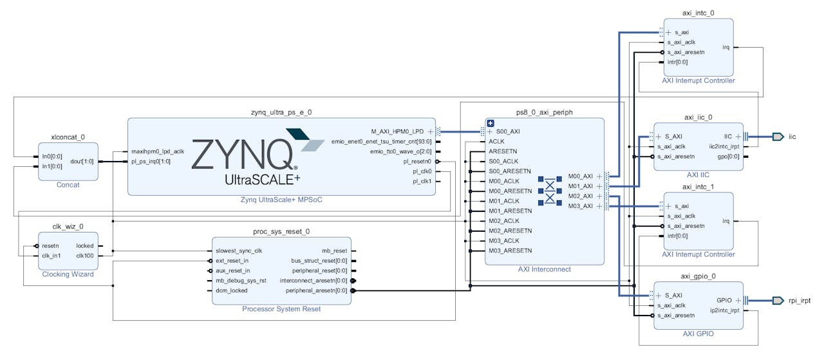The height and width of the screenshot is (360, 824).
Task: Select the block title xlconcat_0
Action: tap(68, 137)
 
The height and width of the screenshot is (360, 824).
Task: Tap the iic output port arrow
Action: tap(778, 137)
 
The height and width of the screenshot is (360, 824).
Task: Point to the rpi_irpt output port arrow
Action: tap(778, 301)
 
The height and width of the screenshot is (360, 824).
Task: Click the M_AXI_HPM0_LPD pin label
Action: tap(398, 131)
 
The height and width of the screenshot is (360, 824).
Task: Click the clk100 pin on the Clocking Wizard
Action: tap(85, 256)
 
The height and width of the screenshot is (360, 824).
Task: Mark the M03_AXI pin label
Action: tap(581, 206)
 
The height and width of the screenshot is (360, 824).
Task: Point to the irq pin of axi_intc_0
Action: tap(726, 47)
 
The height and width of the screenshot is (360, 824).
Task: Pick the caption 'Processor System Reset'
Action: tap(281, 309)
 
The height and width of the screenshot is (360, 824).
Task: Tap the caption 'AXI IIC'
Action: tap(698, 175)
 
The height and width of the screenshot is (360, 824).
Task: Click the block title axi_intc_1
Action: tap(698, 187)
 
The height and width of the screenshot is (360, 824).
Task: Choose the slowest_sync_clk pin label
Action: tap(239, 251)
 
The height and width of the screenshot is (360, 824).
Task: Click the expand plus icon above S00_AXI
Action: tap(491, 123)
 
